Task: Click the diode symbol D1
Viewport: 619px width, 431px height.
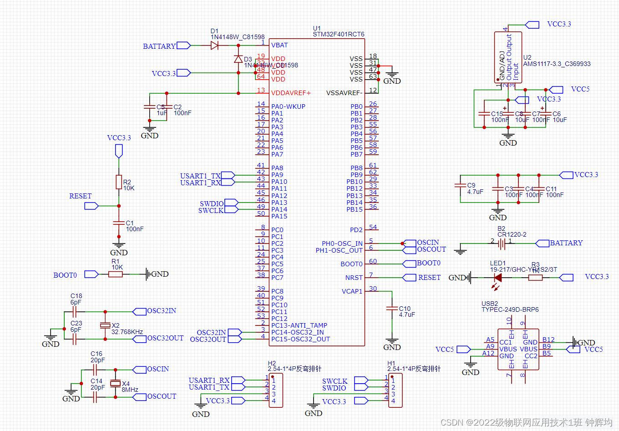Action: pyautogui.click(x=214, y=46)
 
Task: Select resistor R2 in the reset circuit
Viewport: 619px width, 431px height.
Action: pyautogui.click(x=119, y=182)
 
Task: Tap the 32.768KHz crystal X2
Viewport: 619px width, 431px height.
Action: pyautogui.click(x=105, y=325)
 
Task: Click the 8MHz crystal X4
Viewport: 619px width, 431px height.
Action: pyautogui.click(x=116, y=383)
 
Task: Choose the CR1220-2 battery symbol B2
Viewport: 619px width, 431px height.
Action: pyautogui.click(x=501, y=244)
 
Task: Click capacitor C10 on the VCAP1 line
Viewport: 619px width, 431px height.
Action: pyautogui.click(x=391, y=309)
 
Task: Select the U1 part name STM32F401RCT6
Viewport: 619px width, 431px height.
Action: pyautogui.click(x=338, y=34)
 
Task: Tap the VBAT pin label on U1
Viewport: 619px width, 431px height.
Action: pyautogui.click(x=279, y=45)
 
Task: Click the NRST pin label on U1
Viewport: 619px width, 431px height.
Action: pyautogui.click(x=354, y=278)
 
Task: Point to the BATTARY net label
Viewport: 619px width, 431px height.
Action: pyautogui.click(x=159, y=46)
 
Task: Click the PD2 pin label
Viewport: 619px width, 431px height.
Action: pyautogui.click(x=356, y=230)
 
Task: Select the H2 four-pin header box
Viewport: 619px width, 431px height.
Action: pyautogui.click(x=276, y=390)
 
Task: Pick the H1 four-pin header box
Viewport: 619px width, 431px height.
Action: pyautogui.click(x=395, y=390)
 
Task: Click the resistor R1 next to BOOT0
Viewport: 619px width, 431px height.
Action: pyautogui.click(x=116, y=274)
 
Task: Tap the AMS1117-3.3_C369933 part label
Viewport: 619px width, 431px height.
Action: pyautogui.click(x=556, y=64)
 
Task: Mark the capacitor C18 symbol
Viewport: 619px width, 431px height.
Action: pyautogui.click(x=76, y=312)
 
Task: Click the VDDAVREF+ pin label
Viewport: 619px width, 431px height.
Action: pyautogui.click(x=291, y=93)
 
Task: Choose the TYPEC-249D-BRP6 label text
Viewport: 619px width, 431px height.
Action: pyautogui.click(x=510, y=309)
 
